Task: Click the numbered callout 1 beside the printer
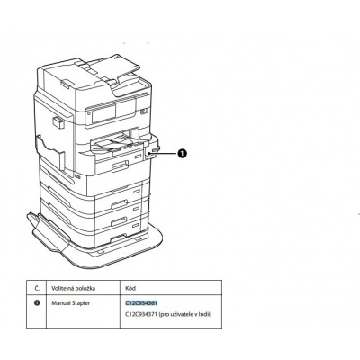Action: [183, 154]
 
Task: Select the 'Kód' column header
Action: [131, 289]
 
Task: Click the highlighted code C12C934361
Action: [141, 304]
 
